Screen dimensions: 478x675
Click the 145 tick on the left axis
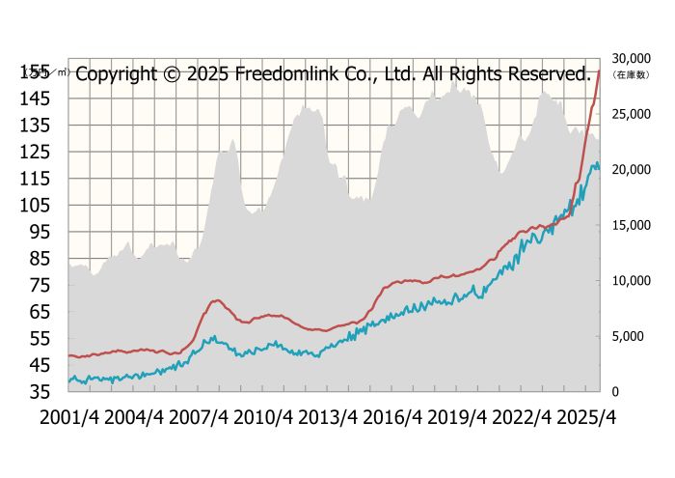coord(37,98)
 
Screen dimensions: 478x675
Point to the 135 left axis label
coord(37,125)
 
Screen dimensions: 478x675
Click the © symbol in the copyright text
coord(170,73)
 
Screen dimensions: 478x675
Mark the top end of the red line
coord(600,70)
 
